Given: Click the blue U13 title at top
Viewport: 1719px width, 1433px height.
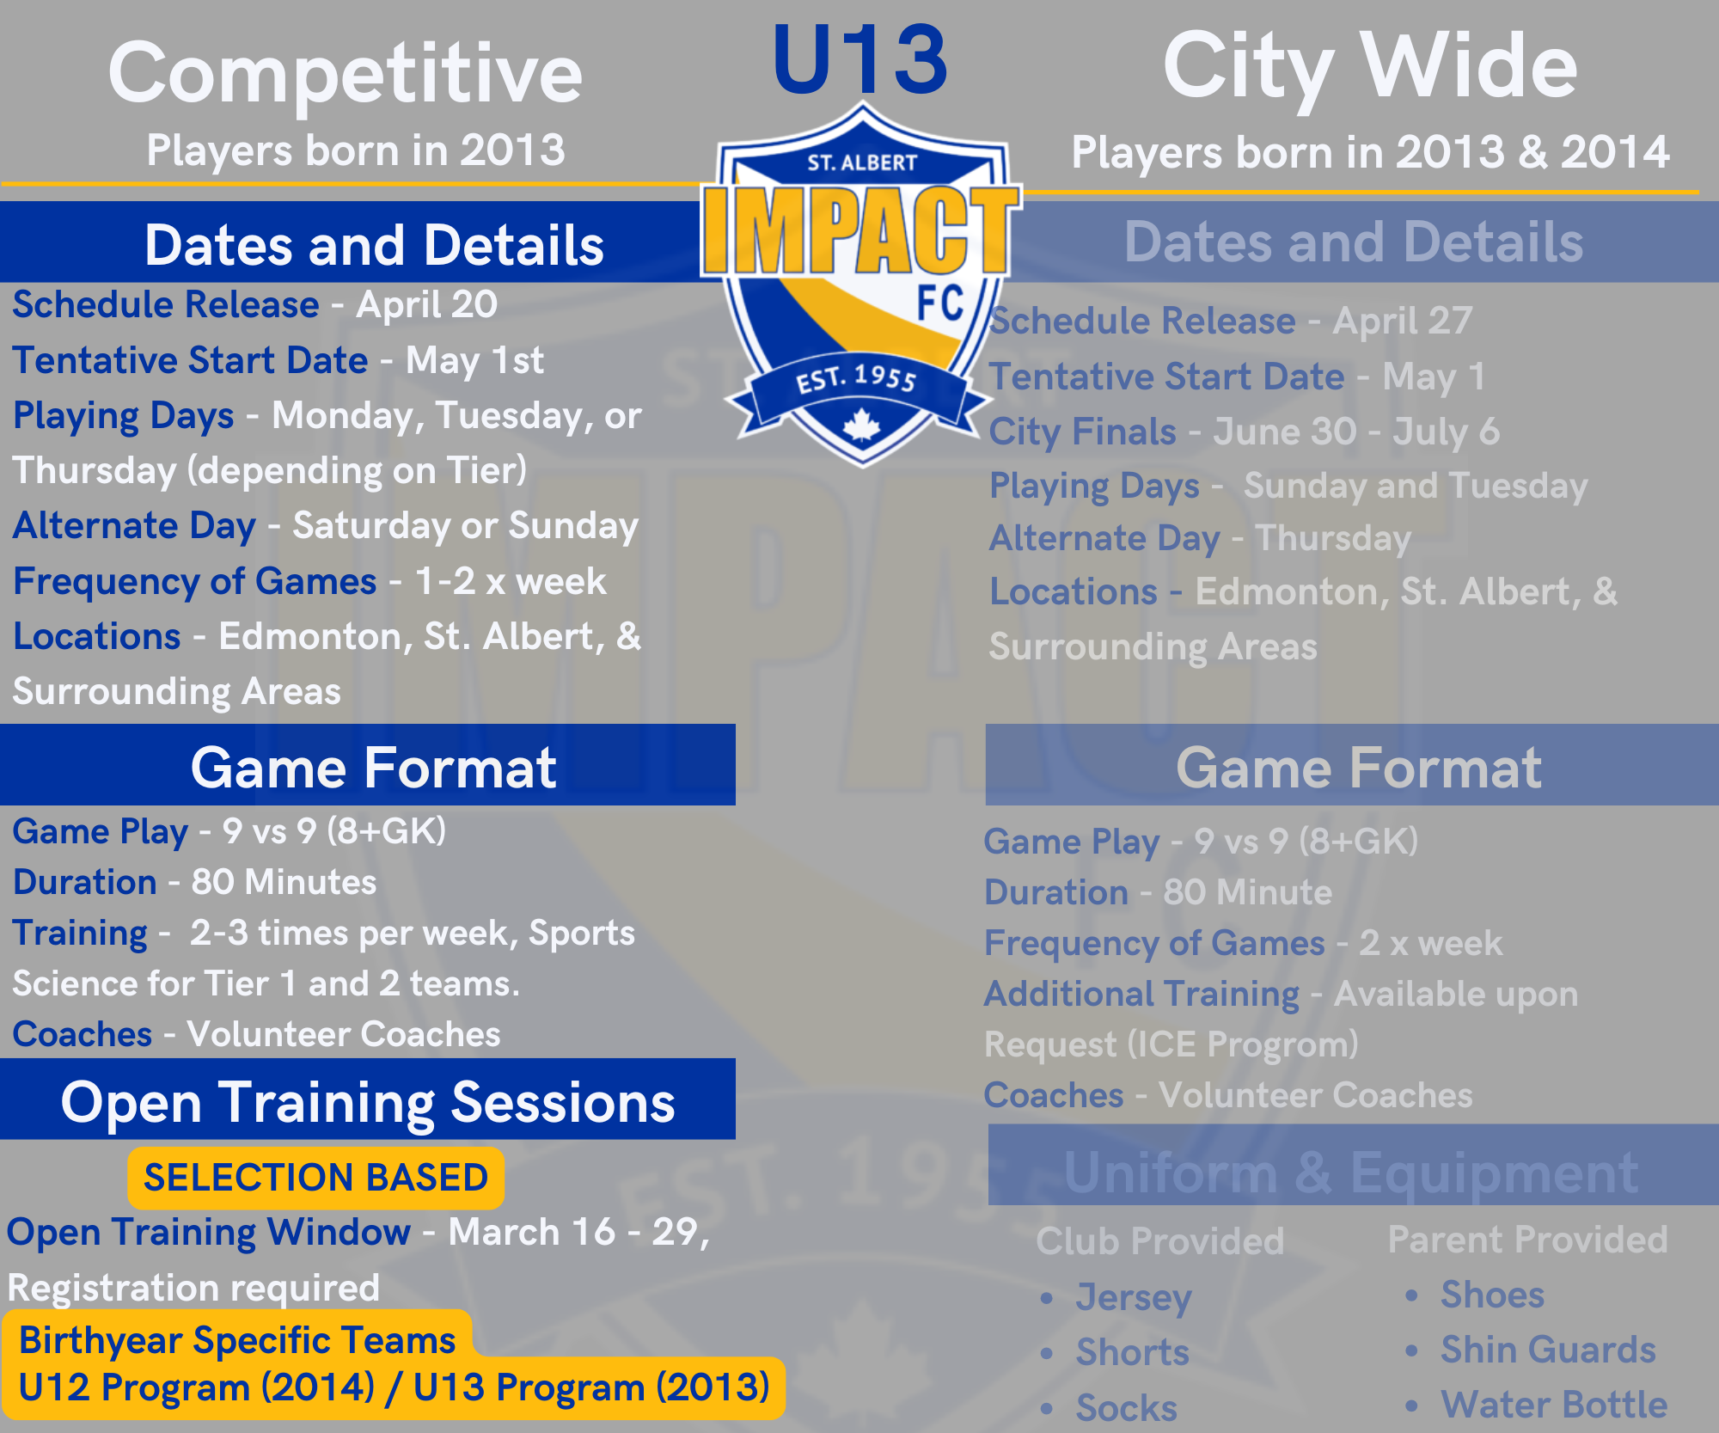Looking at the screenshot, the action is pos(859,60).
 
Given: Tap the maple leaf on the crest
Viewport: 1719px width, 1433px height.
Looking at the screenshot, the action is pos(861,426).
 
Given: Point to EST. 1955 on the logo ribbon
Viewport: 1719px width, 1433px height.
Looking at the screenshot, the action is pos(857,378).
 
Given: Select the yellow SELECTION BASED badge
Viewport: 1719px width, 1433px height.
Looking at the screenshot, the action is pos(315,1178).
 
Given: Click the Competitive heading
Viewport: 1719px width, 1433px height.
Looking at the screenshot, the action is pos(346,74).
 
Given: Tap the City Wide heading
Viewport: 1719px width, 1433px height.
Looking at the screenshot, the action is pos(1370,67).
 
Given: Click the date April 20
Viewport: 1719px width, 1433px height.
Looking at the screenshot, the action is pos(427,305).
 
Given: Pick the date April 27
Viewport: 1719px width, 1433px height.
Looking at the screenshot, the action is pos(1403,321).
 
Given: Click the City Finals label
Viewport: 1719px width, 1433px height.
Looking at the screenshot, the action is pos(1082,432).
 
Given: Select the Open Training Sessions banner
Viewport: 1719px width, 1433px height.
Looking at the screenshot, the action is pos(368,1099).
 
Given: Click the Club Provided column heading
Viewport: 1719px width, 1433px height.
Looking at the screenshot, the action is pos(1160,1240).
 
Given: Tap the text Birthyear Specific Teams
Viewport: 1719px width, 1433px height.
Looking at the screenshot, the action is pos(237,1340).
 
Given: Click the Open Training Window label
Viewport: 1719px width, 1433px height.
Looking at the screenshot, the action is pos(209,1232).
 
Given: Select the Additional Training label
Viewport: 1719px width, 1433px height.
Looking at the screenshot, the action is pos(1141,994).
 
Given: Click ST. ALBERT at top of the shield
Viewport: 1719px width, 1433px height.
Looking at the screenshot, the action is pos(862,162).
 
